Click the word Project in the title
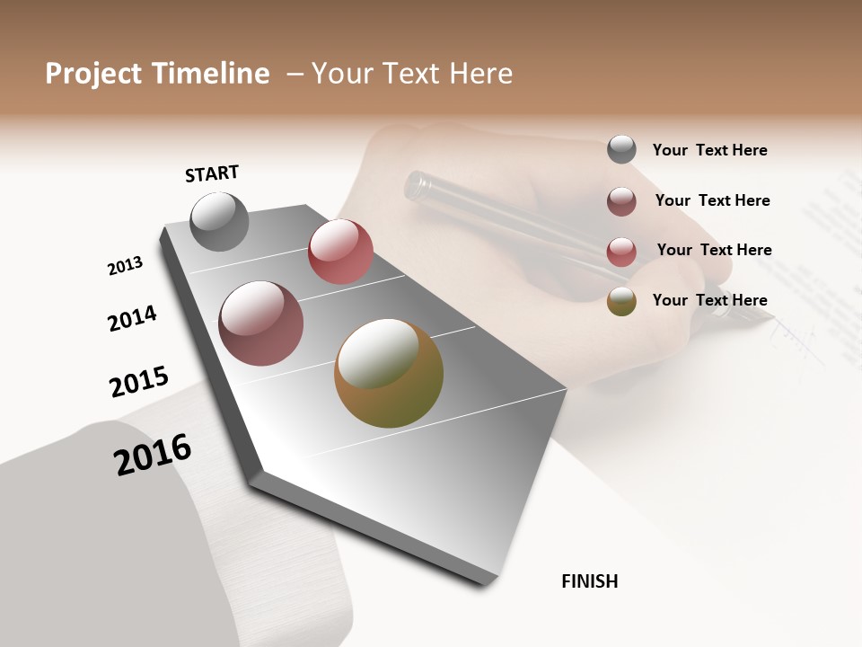click(x=92, y=74)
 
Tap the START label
click(x=212, y=173)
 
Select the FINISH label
click(x=590, y=581)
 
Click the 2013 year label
click(x=125, y=266)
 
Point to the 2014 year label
click(x=132, y=318)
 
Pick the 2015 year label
click(x=139, y=382)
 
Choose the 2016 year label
click(x=153, y=455)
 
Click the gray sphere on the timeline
click(x=220, y=222)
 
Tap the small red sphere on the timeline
click(x=340, y=252)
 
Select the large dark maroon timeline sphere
click(x=261, y=323)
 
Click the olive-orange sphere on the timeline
click(x=389, y=373)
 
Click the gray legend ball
click(x=621, y=149)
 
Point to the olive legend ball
click(x=621, y=301)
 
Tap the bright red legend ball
click(x=621, y=252)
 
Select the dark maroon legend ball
click(x=621, y=201)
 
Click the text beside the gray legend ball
click(x=709, y=150)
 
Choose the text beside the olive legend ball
click(x=709, y=300)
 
